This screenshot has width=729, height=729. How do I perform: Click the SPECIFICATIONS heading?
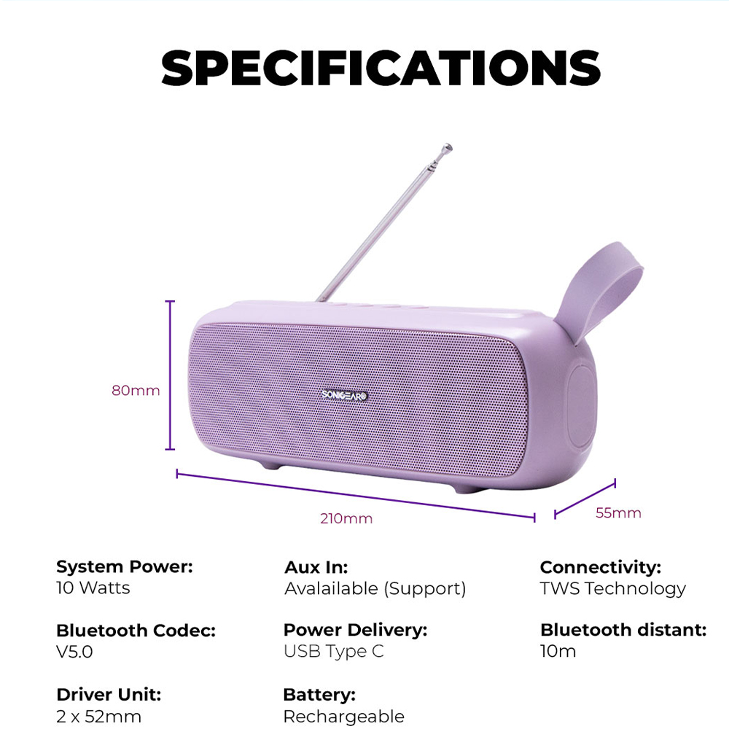[381, 68]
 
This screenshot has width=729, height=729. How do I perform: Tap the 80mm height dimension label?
[136, 390]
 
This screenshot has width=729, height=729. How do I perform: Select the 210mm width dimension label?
[346, 518]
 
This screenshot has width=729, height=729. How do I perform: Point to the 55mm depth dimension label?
[618, 512]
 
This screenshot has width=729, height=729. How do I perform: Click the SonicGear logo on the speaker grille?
[345, 395]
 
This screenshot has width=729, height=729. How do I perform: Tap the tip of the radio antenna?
[448, 147]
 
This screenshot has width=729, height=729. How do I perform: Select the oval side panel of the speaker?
[582, 406]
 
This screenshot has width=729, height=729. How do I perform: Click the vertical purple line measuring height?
[170, 375]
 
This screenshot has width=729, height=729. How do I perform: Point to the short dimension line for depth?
[585, 499]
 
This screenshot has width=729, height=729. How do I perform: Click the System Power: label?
[125, 566]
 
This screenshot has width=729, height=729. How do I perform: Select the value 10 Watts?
[93, 588]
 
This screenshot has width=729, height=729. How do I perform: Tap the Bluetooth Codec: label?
[136, 631]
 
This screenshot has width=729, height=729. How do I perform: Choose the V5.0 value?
[74, 652]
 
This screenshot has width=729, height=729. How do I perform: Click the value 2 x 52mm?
[98, 717]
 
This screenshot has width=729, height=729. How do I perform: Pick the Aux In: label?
[316, 567]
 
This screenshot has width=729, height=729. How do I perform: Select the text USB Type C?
[334, 652]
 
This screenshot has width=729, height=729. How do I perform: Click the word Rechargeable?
[344, 717]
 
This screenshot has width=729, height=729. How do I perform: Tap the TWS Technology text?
[613, 589]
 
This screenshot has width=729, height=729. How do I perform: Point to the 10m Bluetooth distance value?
[558, 651]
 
